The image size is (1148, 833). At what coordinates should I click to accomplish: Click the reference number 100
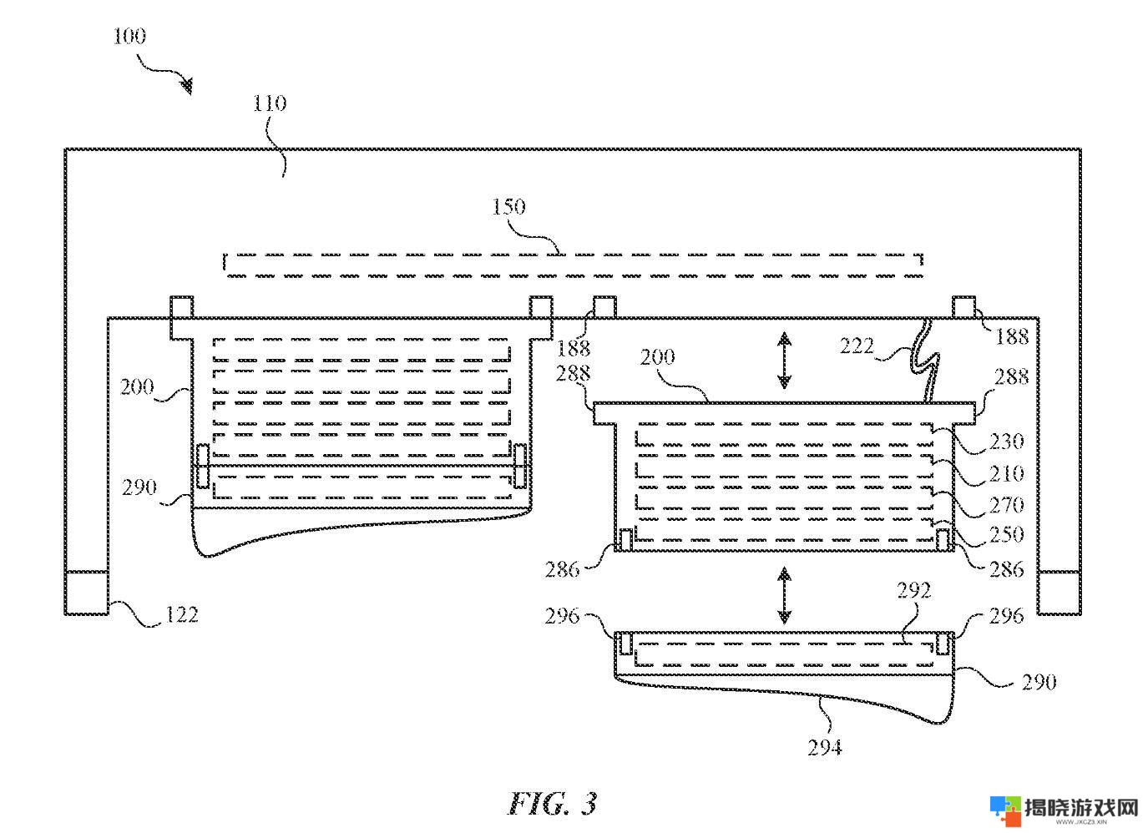coord(129,36)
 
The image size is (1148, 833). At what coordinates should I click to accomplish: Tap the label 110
coord(270,103)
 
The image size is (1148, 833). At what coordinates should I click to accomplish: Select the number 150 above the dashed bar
coord(509,207)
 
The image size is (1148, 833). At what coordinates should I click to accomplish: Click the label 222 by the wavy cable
coord(857,346)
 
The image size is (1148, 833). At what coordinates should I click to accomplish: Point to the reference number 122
coord(181,614)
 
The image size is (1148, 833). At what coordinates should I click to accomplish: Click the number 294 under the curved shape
coord(825,748)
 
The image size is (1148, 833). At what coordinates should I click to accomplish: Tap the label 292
coord(913,591)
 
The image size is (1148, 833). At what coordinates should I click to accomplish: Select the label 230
coord(1007,442)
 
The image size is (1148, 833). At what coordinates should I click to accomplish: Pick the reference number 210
coord(1007,474)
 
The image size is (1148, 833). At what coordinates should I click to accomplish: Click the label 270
coord(1007,506)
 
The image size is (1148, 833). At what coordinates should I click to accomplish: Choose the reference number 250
coord(1007,535)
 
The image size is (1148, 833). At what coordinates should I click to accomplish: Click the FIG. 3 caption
coord(553,804)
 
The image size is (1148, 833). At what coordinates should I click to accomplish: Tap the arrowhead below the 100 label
coord(188,86)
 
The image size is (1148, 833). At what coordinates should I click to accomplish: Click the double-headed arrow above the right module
coord(784,360)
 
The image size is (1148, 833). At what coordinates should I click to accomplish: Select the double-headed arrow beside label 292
coord(784,594)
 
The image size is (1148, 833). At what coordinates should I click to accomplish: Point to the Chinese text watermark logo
coord(1064,810)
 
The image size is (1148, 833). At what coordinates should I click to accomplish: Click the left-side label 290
coord(139,487)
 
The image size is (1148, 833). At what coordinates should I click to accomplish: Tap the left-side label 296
coord(562,616)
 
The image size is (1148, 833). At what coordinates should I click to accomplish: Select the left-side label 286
coord(562,570)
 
